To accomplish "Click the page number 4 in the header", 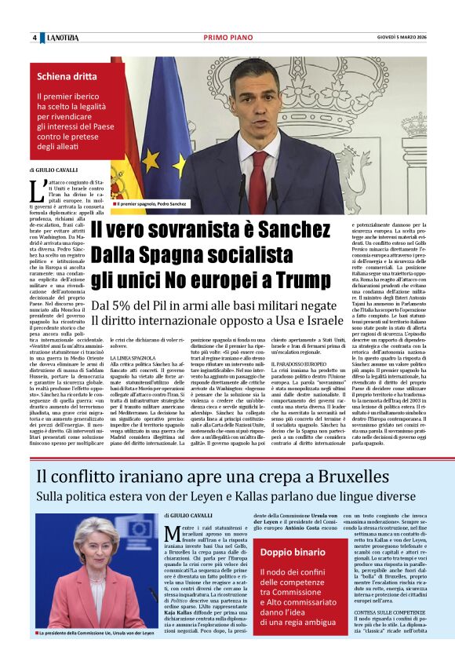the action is click(x=35, y=38).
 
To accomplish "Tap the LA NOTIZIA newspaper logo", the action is click(x=62, y=38).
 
